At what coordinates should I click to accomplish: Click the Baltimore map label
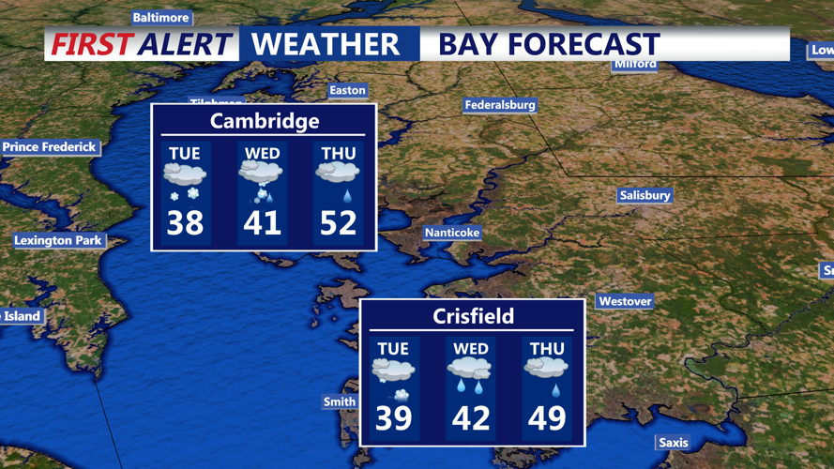[160, 18]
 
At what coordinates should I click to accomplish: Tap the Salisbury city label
[644, 195]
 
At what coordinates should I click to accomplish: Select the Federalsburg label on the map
[500, 105]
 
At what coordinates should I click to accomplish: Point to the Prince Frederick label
[50, 146]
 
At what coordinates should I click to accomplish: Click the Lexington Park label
[57, 240]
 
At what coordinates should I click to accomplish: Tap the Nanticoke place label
[452, 232]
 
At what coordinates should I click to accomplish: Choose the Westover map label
[625, 301]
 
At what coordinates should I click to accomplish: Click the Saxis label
[673, 442]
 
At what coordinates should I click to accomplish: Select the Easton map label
[347, 90]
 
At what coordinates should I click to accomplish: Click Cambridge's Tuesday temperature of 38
[186, 223]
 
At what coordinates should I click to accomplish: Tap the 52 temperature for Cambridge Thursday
[339, 223]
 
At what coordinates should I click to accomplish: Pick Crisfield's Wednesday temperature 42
[470, 417]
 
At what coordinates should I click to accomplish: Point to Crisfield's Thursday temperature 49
[546, 417]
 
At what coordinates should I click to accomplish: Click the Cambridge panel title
[264, 121]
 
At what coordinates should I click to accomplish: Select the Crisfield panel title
[473, 316]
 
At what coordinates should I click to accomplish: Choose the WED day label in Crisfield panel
[470, 349]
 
